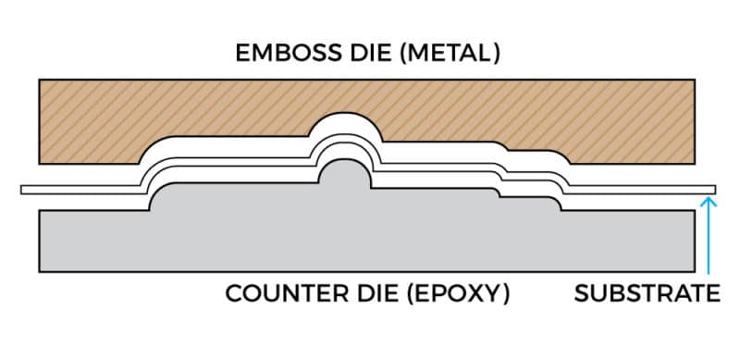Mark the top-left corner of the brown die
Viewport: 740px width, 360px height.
click(39, 81)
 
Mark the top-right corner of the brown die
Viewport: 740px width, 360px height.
click(696, 81)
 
